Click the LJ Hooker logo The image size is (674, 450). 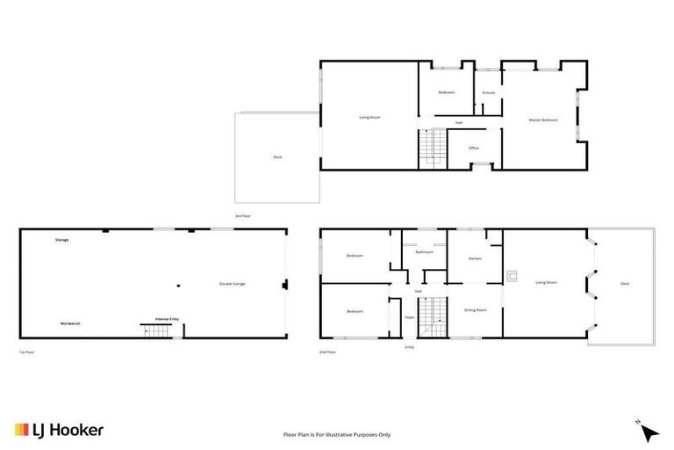[x=60, y=430]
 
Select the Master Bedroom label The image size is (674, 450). [x=543, y=120]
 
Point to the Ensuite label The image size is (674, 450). [x=489, y=93]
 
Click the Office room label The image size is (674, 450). [x=474, y=148]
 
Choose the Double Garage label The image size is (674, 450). [x=233, y=284]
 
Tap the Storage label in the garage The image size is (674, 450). [x=61, y=239]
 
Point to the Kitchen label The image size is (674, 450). [x=475, y=258]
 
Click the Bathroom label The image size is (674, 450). [x=425, y=252]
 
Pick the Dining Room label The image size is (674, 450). [x=475, y=310]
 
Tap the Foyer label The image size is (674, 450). [x=409, y=316]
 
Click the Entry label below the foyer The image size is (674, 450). [x=409, y=347]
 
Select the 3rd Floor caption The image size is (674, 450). [x=243, y=215]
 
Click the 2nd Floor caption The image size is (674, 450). [x=328, y=352]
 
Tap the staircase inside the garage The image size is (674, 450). [x=155, y=331]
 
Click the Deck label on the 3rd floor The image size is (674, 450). [x=277, y=156]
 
